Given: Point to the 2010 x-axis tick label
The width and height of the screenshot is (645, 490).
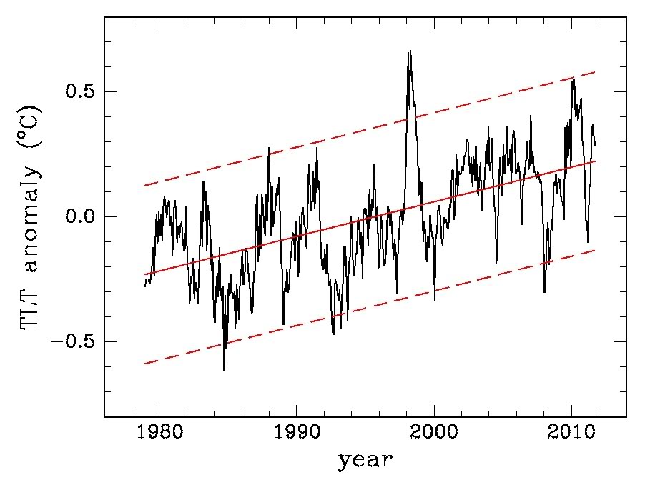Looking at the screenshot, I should tap(572, 434).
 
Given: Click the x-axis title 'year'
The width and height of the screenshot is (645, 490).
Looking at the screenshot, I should tap(365, 459).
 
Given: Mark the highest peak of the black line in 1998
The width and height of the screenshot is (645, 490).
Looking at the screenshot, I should tap(410, 51).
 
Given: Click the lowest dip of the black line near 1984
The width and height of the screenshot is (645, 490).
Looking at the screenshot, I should tap(223, 370).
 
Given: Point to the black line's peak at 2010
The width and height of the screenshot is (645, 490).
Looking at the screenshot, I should tap(573, 79).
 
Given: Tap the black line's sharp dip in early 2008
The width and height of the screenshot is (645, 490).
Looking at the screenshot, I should tap(544, 292).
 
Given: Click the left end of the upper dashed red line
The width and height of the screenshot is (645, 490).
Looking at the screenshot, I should tap(145, 186).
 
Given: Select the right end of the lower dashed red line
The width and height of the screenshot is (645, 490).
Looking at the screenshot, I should tap(595, 250).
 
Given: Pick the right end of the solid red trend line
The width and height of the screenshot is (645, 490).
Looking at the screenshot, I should tap(595, 161).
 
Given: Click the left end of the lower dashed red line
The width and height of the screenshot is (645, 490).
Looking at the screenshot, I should tap(145, 364).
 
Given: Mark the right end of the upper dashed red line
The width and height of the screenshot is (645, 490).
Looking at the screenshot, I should tap(595, 72).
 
